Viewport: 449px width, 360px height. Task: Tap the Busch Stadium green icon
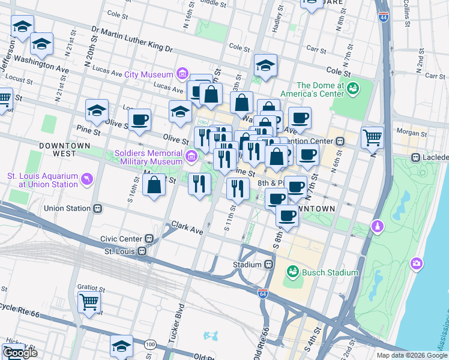point(293,272)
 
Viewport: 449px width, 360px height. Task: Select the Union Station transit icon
point(97,208)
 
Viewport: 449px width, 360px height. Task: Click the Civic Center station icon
point(148,238)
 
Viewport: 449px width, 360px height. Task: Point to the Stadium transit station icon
point(269,265)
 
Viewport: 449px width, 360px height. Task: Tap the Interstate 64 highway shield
point(263,293)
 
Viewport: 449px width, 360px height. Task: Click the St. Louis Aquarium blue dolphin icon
point(88,179)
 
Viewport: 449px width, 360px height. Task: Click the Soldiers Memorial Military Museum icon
point(191,157)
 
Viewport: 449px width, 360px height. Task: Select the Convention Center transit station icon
point(340,142)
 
